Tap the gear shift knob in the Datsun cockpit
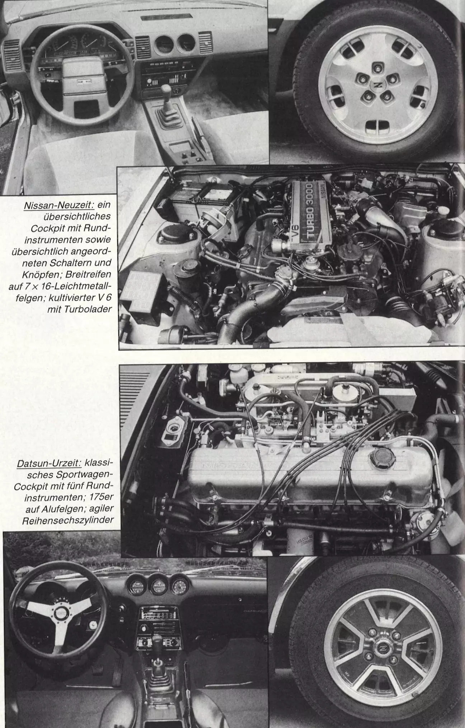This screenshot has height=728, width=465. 157,639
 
